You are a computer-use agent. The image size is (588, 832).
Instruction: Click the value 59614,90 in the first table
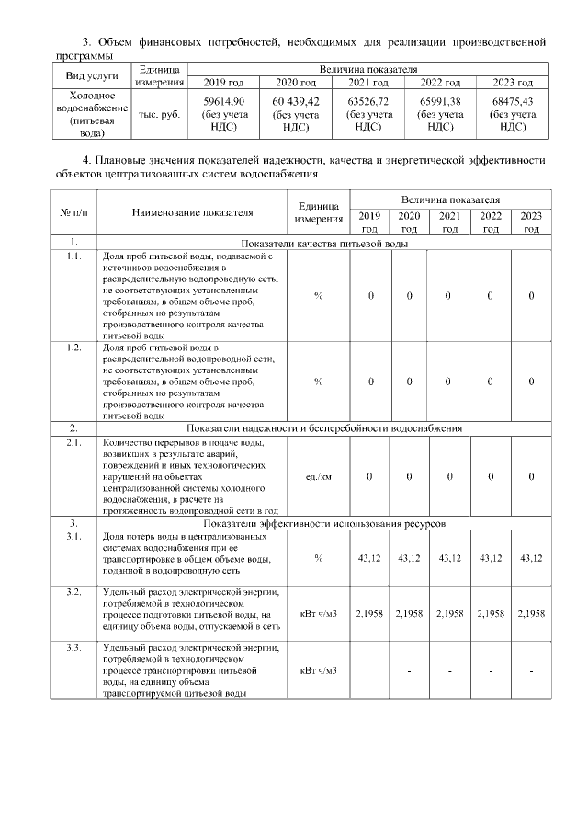224,101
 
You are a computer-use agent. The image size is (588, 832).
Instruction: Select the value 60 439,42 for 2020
296,101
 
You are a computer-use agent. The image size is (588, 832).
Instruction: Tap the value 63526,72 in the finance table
367,101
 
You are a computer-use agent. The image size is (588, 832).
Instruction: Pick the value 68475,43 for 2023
513,101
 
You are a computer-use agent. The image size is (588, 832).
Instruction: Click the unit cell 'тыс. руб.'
159,115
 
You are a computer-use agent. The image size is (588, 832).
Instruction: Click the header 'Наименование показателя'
192,212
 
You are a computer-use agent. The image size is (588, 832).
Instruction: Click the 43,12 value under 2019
369,558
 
